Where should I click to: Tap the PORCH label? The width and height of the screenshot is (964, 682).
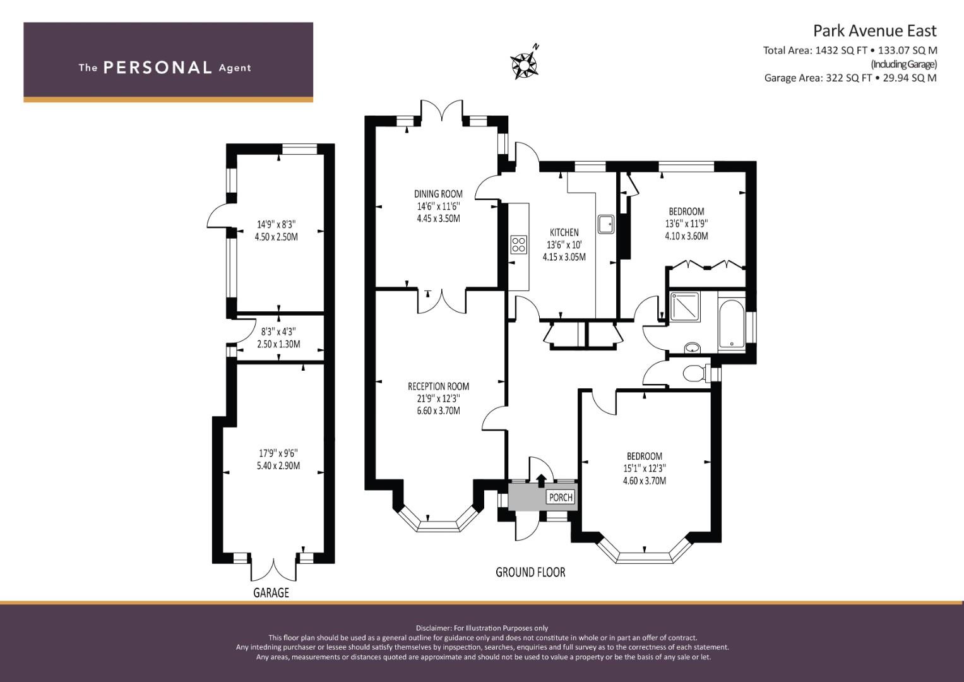561,498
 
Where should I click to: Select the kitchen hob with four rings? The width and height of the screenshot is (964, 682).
518,244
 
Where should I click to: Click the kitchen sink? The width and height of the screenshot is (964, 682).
606,224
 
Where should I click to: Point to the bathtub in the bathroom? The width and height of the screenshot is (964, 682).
731,324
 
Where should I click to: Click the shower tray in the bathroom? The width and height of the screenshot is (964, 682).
685,306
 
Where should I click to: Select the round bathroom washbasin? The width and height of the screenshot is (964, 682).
692,347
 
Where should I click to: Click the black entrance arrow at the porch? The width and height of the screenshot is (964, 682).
541,481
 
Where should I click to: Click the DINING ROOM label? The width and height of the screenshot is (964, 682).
438,194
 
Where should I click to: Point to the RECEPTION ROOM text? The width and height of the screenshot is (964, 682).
438,386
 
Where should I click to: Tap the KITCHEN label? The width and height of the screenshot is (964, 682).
564,232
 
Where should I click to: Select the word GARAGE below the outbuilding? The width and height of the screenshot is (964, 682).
271,593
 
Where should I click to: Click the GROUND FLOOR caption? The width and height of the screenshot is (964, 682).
530,572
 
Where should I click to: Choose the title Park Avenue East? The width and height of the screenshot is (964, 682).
874,31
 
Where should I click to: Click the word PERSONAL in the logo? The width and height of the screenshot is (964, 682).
158,68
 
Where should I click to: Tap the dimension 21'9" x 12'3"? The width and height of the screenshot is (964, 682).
438,398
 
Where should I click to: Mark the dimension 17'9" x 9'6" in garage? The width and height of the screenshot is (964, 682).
278,453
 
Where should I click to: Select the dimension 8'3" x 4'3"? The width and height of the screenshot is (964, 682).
278,332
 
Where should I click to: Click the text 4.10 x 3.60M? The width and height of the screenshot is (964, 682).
686,236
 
